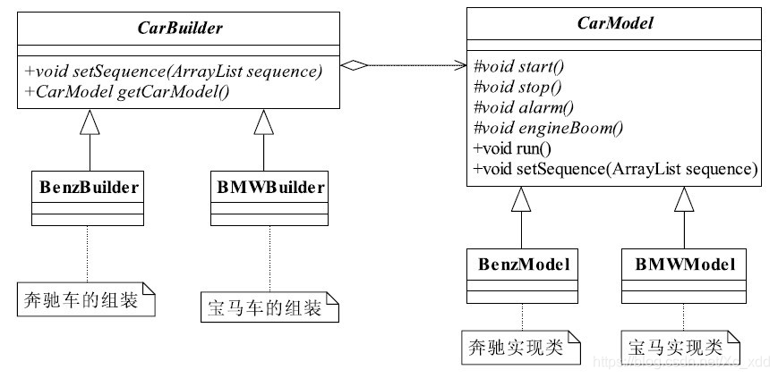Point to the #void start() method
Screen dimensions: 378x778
[511, 66]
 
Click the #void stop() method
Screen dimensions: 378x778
[510, 87]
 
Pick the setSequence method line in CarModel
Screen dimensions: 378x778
[614, 169]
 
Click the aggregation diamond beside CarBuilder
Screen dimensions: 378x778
[356, 64]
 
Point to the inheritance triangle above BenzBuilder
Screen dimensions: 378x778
[87, 122]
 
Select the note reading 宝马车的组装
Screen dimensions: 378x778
[269, 307]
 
